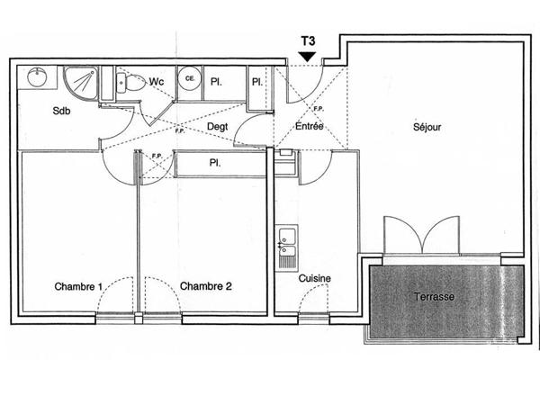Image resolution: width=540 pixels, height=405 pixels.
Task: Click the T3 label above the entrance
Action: click(308, 41)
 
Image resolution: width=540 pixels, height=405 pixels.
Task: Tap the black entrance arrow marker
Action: click(307, 57)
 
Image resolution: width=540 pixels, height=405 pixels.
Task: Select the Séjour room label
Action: click(427, 127)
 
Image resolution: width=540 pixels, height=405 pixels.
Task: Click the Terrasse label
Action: click(434, 296)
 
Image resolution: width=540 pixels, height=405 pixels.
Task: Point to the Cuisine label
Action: click(314, 278)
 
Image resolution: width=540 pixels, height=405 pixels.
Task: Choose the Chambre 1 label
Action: click(78, 286)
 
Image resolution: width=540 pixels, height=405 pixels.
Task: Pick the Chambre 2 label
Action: click(205, 286)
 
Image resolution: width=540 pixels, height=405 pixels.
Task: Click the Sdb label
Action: click(61, 111)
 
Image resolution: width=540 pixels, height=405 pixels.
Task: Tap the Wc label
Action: click(157, 82)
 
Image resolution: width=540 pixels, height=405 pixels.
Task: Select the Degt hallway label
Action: click(217, 127)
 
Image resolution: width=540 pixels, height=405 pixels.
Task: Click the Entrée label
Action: click(310, 126)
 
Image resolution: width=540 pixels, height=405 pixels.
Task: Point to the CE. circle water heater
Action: click(189, 78)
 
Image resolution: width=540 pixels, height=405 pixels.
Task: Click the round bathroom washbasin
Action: click(37, 77)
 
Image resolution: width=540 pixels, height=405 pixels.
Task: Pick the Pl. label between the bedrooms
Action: click(215, 163)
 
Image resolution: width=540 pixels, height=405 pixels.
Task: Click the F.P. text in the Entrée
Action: click(319, 109)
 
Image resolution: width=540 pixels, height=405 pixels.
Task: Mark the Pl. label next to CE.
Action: click(216, 82)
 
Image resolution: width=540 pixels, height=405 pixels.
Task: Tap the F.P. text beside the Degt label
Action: click(180, 130)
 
